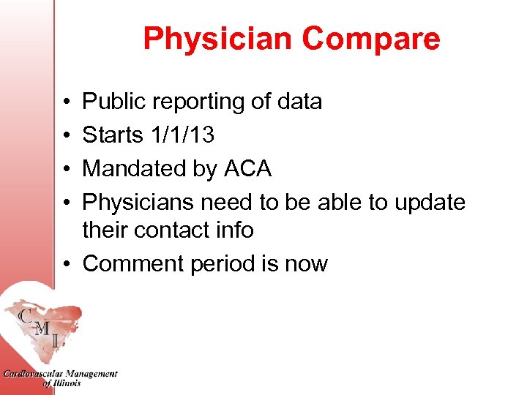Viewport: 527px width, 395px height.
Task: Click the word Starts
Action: (x=113, y=135)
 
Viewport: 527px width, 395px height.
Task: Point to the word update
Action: (x=430, y=202)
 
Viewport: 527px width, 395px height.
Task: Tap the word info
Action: (x=232, y=230)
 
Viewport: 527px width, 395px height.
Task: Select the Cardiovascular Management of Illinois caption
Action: (x=60, y=378)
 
